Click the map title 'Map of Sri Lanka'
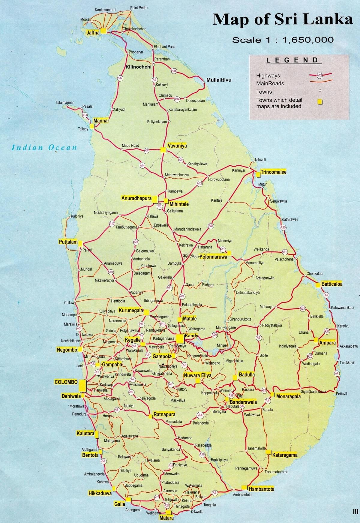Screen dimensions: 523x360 click(283, 20)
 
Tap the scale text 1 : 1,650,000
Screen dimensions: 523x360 click(283, 40)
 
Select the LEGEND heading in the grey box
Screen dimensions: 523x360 click(292, 60)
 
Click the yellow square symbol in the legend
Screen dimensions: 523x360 click(320, 102)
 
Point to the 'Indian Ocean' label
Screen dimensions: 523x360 click(44, 147)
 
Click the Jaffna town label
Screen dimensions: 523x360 click(93, 33)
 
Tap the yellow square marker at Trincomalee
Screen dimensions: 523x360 click(258, 174)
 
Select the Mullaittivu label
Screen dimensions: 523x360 click(219, 80)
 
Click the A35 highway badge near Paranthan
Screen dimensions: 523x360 click(174, 71)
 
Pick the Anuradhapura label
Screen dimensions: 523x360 click(136, 198)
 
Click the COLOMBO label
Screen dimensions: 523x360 click(66, 382)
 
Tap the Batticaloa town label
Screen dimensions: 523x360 click(332, 284)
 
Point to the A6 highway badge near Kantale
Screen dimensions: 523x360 click(211, 226)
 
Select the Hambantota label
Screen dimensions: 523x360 click(261, 489)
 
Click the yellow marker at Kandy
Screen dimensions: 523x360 click(180, 339)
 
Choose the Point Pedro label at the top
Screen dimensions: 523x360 click(139, 8)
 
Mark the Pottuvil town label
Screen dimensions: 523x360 click(341, 394)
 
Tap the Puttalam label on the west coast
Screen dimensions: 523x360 click(68, 242)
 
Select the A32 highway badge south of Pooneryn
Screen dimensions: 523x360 click(120, 78)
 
